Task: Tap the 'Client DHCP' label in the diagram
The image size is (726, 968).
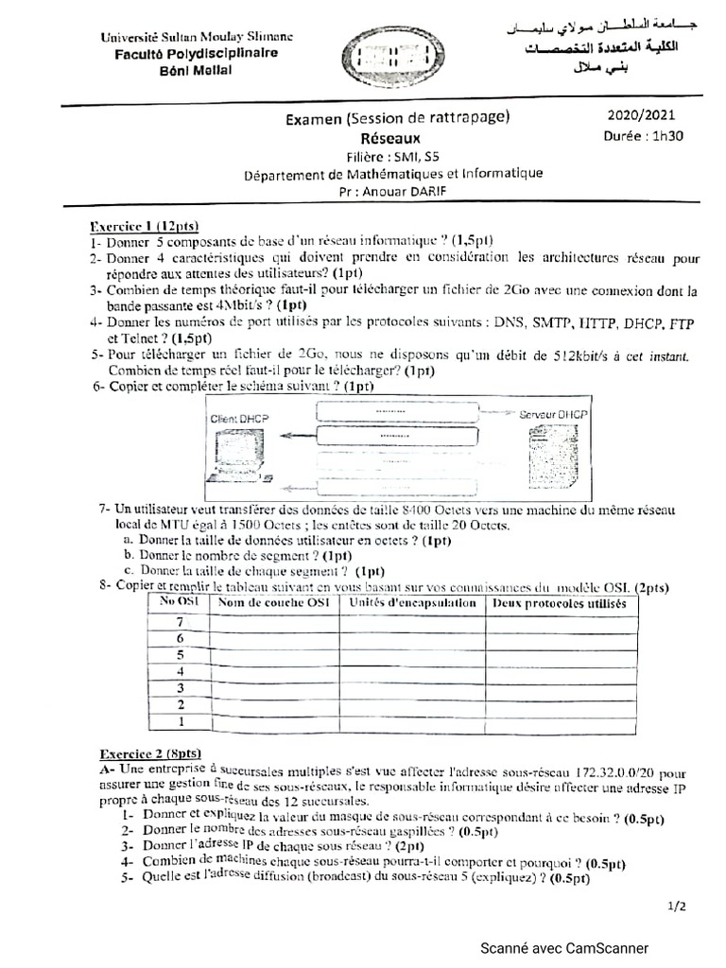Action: (x=237, y=417)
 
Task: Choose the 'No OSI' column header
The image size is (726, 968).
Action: (x=178, y=601)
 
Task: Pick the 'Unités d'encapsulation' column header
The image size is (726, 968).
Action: (x=412, y=602)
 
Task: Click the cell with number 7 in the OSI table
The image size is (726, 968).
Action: (x=178, y=621)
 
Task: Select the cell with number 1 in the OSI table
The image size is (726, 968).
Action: (x=178, y=722)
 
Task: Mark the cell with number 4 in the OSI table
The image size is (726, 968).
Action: (x=178, y=671)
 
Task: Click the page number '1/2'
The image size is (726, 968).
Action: (x=677, y=906)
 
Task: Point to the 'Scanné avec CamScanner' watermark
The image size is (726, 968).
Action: (x=563, y=948)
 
